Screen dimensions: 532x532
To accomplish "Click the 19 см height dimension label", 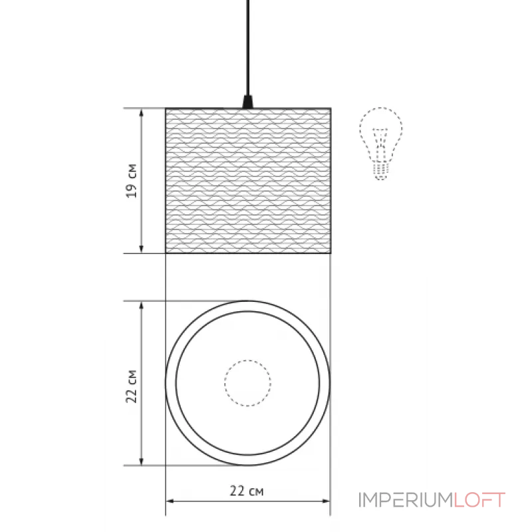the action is tap(132, 180).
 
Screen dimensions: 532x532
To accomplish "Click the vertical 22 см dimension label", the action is tap(132, 386).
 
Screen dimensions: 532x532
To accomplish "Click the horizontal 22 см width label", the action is tap(247, 491).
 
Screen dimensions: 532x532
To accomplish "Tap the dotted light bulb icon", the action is tap(381, 142).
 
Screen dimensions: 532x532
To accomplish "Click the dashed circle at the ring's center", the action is tap(247, 383).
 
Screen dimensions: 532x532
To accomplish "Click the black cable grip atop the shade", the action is tap(248, 102).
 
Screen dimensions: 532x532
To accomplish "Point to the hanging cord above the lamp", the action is tap(248, 47).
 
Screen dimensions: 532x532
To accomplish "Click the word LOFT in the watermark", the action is tap(479, 500).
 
